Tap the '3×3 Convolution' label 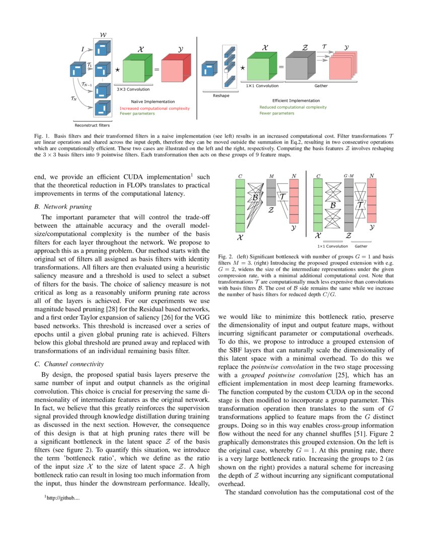click(x=133, y=89)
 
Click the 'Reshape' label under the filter click(x=221, y=95)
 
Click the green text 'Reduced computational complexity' click(x=293, y=107)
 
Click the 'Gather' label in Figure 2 click(x=361, y=246)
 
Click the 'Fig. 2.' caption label click(x=226, y=256)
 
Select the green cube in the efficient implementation click(x=259, y=67)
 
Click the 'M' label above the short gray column click(x=271, y=176)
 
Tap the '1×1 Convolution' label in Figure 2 click(x=332, y=246)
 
